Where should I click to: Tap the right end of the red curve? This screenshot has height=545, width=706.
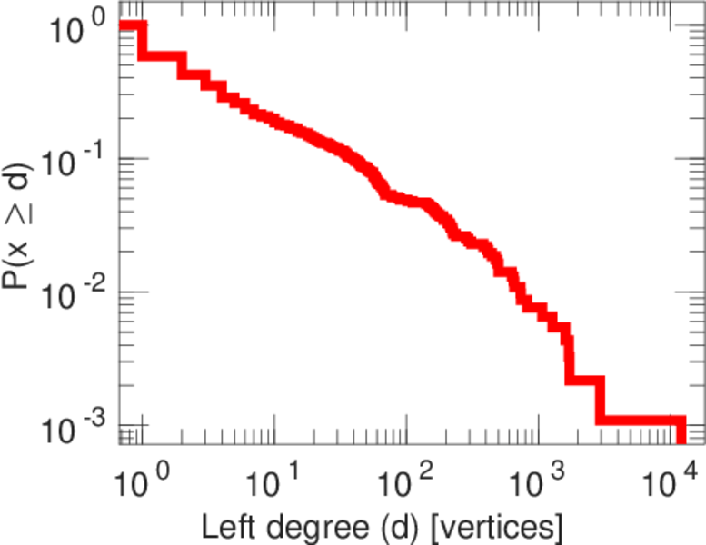(681, 421)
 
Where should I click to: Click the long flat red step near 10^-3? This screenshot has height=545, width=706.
(641, 421)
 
